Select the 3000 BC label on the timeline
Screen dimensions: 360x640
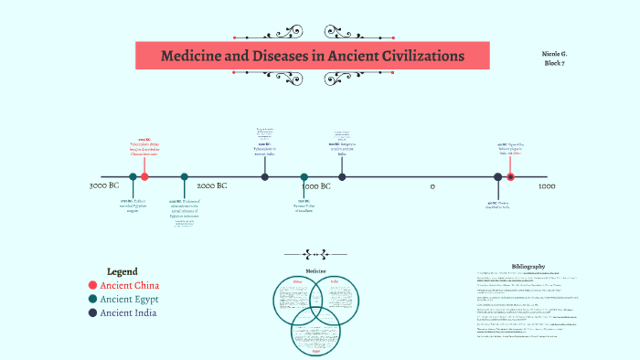click(x=104, y=185)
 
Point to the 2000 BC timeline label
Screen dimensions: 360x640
click(x=212, y=185)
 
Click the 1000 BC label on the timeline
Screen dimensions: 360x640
click(x=316, y=185)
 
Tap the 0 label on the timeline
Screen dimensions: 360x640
click(x=432, y=185)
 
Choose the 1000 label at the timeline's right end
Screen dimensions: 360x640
click(x=547, y=185)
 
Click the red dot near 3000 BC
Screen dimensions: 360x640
click(x=144, y=176)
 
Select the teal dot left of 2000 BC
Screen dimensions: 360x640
click(x=184, y=176)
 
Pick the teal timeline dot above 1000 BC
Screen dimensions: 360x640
click(x=304, y=176)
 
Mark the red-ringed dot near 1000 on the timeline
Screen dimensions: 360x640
click(x=510, y=176)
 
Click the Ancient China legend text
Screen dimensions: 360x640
click(x=128, y=285)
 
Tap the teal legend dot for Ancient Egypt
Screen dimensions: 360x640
click(x=92, y=299)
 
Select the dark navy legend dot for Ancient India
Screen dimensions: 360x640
click(x=92, y=312)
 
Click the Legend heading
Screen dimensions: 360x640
click(x=122, y=271)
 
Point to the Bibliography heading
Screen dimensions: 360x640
click(x=528, y=265)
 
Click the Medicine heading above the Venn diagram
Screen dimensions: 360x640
click(x=315, y=271)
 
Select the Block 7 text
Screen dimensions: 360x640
click(x=556, y=63)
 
